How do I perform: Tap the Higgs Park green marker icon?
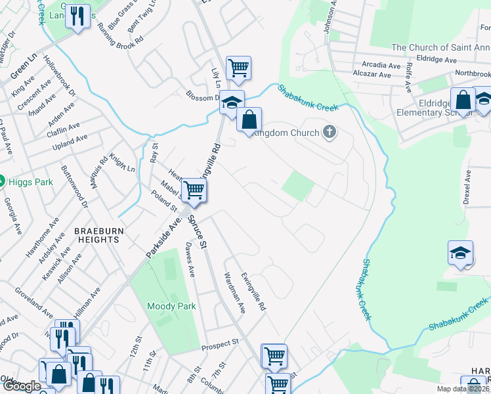(x=2, y=181)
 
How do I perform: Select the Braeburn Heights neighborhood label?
(x=96, y=235)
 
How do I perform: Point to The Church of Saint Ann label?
(x=440, y=47)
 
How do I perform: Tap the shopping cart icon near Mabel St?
(x=194, y=190)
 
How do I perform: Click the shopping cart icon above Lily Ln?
(x=238, y=68)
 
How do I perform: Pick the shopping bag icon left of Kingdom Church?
(x=249, y=120)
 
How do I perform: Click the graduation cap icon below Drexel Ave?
(x=460, y=253)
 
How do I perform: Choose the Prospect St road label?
(x=221, y=344)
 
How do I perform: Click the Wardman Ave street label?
(x=234, y=292)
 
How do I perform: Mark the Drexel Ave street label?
(x=467, y=187)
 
